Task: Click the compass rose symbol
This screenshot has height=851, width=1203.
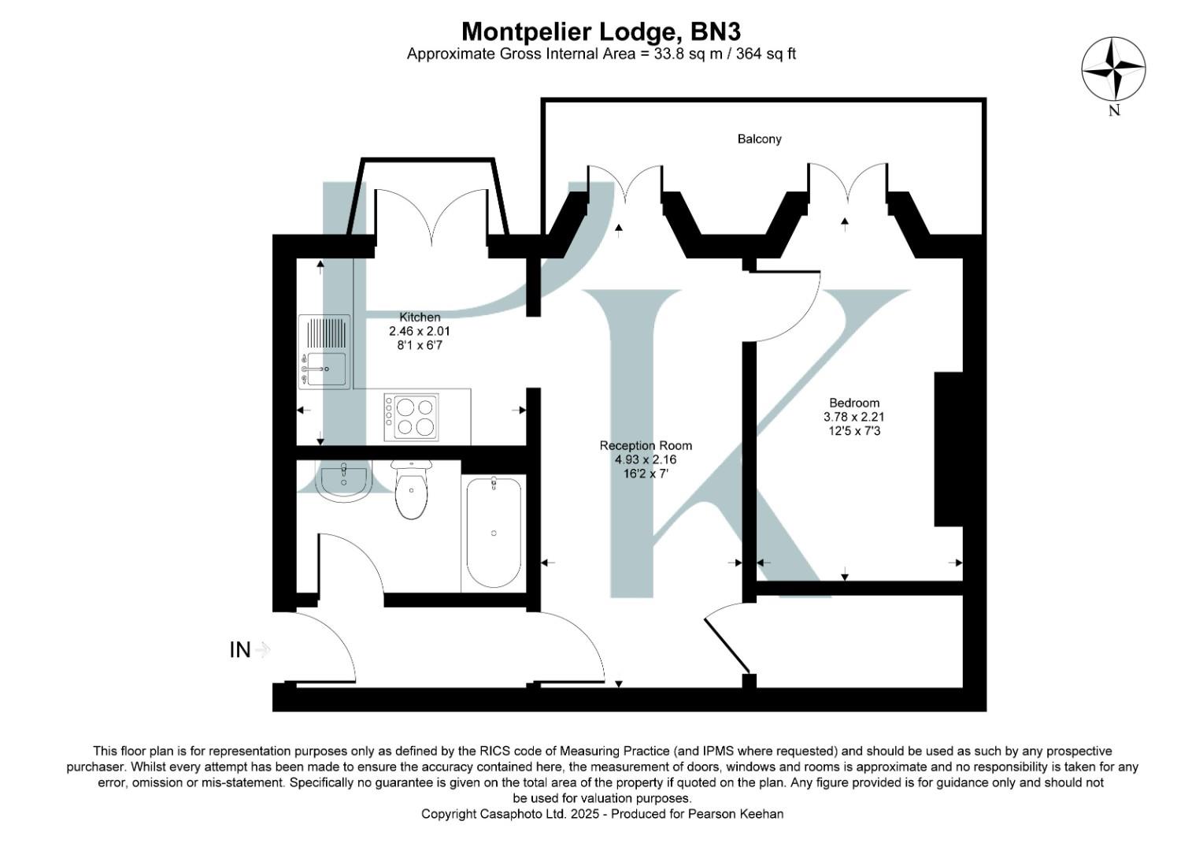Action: pyautogui.click(x=1113, y=69)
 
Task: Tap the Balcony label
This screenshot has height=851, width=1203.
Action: pyautogui.click(x=759, y=139)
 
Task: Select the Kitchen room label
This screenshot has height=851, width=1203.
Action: pyautogui.click(x=420, y=317)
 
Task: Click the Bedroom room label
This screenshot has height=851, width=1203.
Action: pyautogui.click(x=854, y=403)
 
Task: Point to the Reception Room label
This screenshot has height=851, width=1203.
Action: pyautogui.click(x=646, y=445)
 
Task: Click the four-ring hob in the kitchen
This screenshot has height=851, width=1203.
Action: pyautogui.click(x=411, y=417)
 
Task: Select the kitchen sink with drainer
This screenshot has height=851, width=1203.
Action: pyautogui.click(x=324, y=351)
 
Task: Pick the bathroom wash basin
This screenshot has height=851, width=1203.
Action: pyautogui.click(x=343, y=481)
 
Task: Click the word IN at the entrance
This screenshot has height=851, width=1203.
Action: pyautogui.click(x=239, y=650)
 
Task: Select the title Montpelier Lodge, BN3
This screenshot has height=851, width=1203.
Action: pyautogui.click(x=601, y=32)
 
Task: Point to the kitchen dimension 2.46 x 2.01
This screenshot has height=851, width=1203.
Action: pyautogui.click(x=420, y=331)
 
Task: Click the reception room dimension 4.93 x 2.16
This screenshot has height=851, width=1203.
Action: pyautogui.click(x=646, y=459)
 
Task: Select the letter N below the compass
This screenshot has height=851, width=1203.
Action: pyautogui.click(x=1114, y=111)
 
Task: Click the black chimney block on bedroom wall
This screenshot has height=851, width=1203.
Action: pyautogui.click(x=948, y=448)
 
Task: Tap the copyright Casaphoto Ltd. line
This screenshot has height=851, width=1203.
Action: pyautogui.click(x=602, y=814)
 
